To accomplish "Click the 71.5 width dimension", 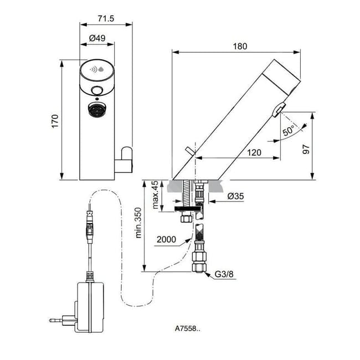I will (106, 19).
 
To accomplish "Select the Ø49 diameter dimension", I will (97, 39).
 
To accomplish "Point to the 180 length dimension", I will (240, 47).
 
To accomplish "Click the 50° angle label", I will (289, 132).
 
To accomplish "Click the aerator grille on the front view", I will (97, 111).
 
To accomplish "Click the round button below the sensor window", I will (97, 91).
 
